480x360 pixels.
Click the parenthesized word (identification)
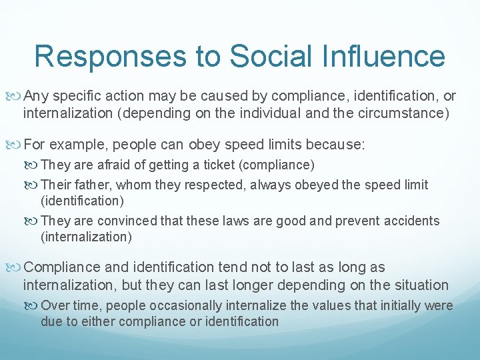click(x=83, y=201)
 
